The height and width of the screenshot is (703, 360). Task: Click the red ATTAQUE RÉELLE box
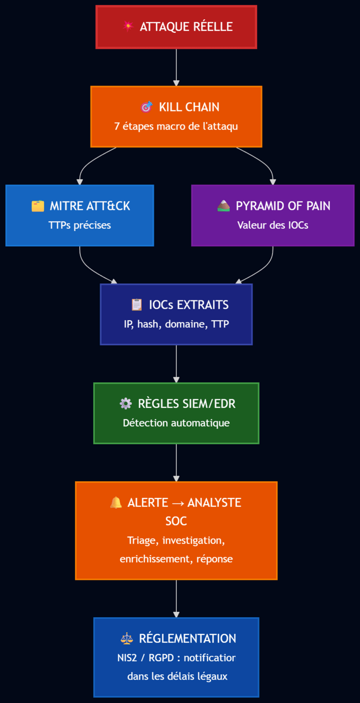click(176, 27)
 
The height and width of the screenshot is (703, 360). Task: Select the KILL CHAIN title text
click(189, 107)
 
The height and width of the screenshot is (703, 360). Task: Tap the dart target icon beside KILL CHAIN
click(147, 107)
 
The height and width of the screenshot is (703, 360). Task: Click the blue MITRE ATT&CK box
click(80, 215)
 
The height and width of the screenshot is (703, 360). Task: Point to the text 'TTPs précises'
click(80, 225)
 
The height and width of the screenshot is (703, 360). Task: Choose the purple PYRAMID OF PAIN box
click(272, 215)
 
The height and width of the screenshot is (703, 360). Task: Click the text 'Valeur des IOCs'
click(272, 225)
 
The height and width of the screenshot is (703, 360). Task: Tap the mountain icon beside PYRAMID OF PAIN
click(224, 206)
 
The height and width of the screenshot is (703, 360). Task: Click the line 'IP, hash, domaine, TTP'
click(176, 324)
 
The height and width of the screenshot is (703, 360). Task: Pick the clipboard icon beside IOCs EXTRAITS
click(136, 305)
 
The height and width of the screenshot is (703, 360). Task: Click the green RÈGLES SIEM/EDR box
click(176, 413)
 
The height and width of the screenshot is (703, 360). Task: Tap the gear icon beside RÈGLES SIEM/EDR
click(126, 404)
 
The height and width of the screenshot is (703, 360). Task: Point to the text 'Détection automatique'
click(176, 423)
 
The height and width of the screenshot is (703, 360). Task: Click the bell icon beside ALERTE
click(116, 503)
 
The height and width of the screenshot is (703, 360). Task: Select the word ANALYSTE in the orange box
click(214, 503)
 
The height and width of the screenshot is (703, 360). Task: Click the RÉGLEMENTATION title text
click(188, 638)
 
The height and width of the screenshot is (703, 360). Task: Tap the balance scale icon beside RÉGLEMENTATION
click(127, 638)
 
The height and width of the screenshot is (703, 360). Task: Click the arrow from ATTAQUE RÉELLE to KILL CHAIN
click(176, 67)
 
